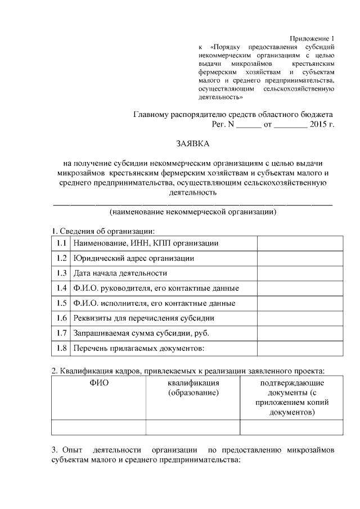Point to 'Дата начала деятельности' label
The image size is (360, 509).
tap(120, 273)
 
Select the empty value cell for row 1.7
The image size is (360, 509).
tap(300, 334)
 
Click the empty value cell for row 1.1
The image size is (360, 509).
tap(300, 243)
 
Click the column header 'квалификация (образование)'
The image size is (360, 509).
tap(193, 388)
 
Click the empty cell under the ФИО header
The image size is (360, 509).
tap(98, 427)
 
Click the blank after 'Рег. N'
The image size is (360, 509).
tap(249, 124)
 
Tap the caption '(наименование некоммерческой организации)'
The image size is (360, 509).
tap(193, 213)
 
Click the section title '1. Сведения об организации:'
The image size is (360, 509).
tap(102, 231)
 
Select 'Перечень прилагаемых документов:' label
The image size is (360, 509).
tap(138, 348)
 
